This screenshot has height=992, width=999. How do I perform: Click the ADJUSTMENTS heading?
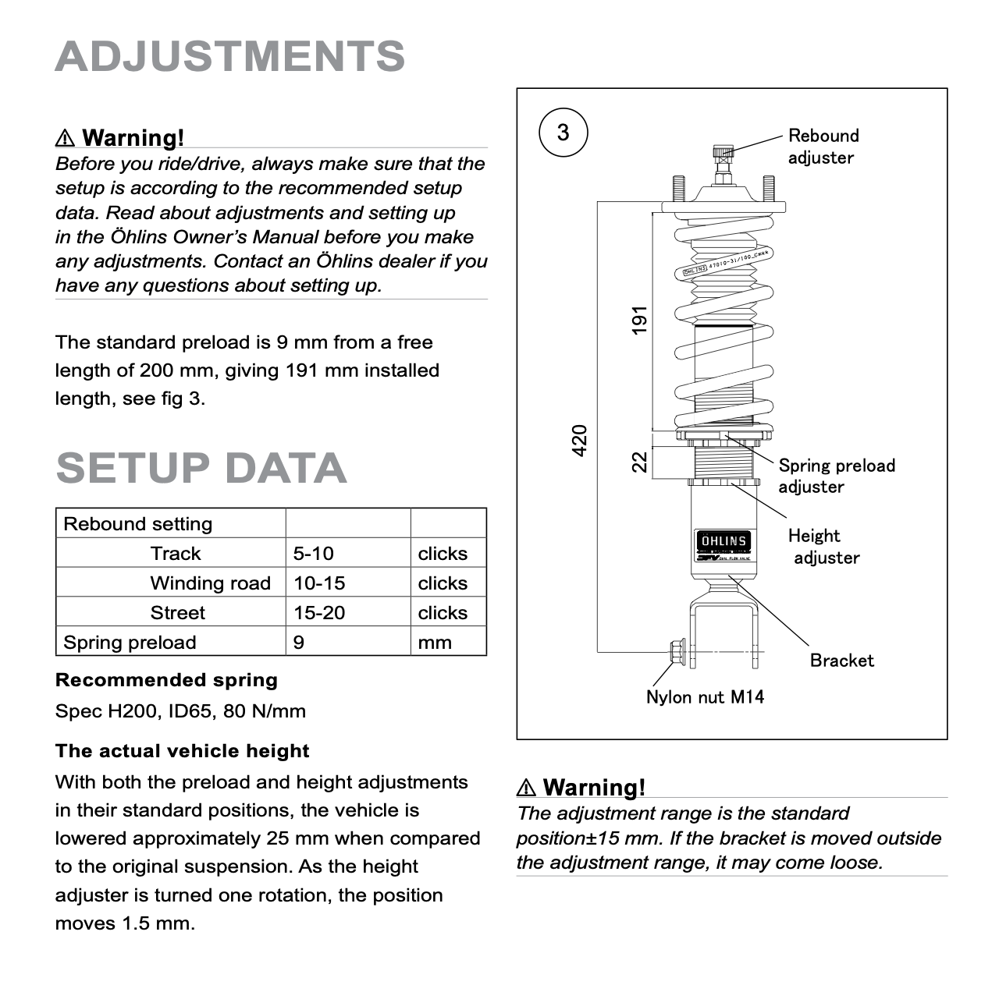click(x=230, y=56)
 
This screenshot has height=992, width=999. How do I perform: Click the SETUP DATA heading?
click(x=201, y=468)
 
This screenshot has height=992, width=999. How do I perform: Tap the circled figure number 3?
click(x=563, y=133)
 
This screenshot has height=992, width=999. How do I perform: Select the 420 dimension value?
click(x=579, y=441)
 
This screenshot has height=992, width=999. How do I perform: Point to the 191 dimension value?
click(x=640, y=321)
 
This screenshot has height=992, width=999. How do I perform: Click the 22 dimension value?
click(x=640, y=462)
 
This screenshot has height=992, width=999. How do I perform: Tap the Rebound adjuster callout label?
click(x=823, y=147)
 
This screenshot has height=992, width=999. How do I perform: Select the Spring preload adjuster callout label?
click(x=836, y=476)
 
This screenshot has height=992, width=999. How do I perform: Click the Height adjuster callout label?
click(x=823, y=547)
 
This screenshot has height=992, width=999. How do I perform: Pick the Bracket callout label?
click(x=841, y=661)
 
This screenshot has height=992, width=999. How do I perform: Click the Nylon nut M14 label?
click(x=705, y=697)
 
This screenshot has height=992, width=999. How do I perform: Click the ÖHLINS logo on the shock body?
click(x=723, y=541)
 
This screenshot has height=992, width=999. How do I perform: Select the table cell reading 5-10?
click(x=314, y=554)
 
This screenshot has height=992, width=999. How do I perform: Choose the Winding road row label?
click(x=210, y=583)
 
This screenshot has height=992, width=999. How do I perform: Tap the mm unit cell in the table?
click(x=435, y=643)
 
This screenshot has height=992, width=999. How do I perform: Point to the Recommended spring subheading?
click(x=166, y=680)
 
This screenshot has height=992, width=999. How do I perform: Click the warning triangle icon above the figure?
click(x=527, y=788)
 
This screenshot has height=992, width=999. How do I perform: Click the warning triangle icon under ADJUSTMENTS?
click(x=66, y=138)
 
